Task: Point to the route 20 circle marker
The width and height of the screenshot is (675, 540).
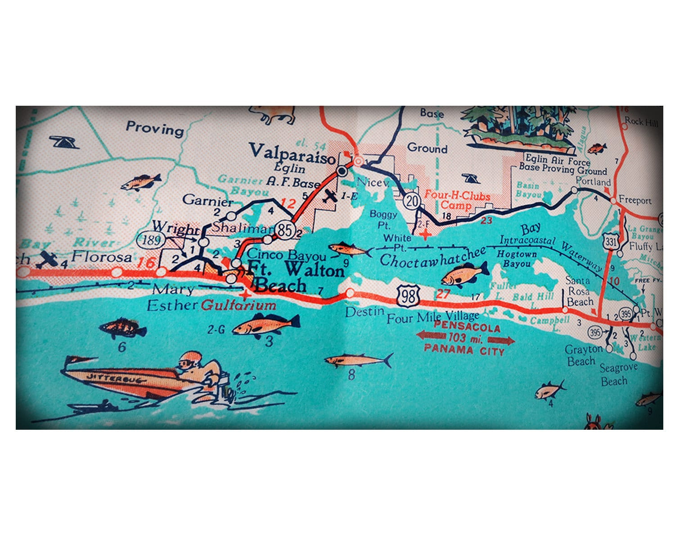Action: point(412,201)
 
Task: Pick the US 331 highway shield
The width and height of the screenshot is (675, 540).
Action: point(611,242)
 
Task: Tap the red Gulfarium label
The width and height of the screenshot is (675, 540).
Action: point(238,306)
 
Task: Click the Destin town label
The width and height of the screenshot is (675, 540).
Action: point(364,311)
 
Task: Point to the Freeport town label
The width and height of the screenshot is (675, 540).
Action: point(635,200)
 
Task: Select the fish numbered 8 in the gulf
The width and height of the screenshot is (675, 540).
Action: point(358,360)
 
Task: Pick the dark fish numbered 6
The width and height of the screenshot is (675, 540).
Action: point(122,328)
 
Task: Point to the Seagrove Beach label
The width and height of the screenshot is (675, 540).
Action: point(618,374)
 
